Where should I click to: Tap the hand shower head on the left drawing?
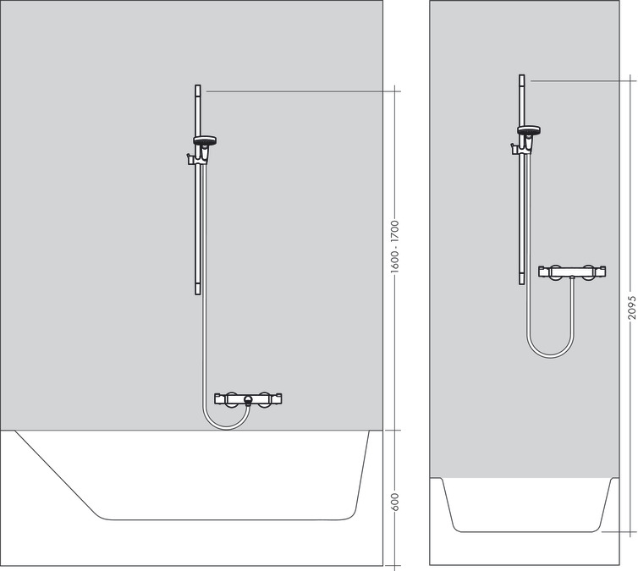click(x=204, y=141)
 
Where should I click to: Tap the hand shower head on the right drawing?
click(x=529, y=130)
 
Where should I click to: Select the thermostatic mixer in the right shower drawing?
click(x=573, y=272)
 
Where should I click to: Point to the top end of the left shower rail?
click(x=198, y=87)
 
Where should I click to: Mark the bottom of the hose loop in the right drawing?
click(x=549, y=355)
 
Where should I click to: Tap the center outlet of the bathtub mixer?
click(x=247, y=400)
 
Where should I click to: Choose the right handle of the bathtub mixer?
click(x=268, y=397)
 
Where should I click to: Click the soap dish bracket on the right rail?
click(x=514, y=150)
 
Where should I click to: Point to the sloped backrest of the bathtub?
click(x=59, y=474)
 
